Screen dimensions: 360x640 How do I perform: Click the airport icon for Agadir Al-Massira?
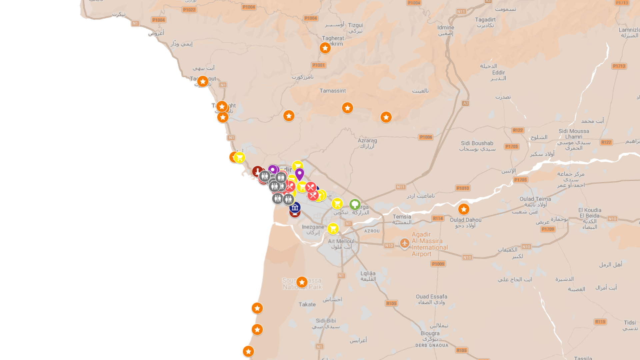tap(405, 243)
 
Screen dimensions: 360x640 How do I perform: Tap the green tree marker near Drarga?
tap(355, 204)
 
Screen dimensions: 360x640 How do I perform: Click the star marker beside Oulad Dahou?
tap(464, 209)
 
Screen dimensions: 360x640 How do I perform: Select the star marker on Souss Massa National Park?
tap(302, 282)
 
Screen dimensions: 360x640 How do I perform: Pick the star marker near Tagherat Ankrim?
tap(325, 48)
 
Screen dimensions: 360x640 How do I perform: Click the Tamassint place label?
tap(333, 91)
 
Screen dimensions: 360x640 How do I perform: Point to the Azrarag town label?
tap(367, 141)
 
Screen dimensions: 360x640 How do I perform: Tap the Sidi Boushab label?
tap(477, 143)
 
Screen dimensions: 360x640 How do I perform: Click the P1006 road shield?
tap(426, 137)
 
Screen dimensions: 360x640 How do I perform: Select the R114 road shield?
tap(438, 218)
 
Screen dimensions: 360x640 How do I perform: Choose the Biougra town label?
tap(430, 333)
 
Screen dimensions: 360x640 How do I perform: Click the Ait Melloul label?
tap(341, 241)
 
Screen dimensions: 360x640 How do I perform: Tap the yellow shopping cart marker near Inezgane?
tap(333, 229)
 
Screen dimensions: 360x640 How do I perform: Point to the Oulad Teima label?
tap(535, 199)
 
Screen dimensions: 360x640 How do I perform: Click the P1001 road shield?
tap(319, 65)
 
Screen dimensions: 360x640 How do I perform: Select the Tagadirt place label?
tap(485, 20)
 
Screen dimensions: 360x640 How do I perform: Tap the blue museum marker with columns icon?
tap(295, 208)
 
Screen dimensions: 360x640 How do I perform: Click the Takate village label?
tap(307, 304)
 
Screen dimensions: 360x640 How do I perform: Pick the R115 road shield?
tap(600, 322)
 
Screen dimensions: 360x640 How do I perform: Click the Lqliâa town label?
tap(368, 273)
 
